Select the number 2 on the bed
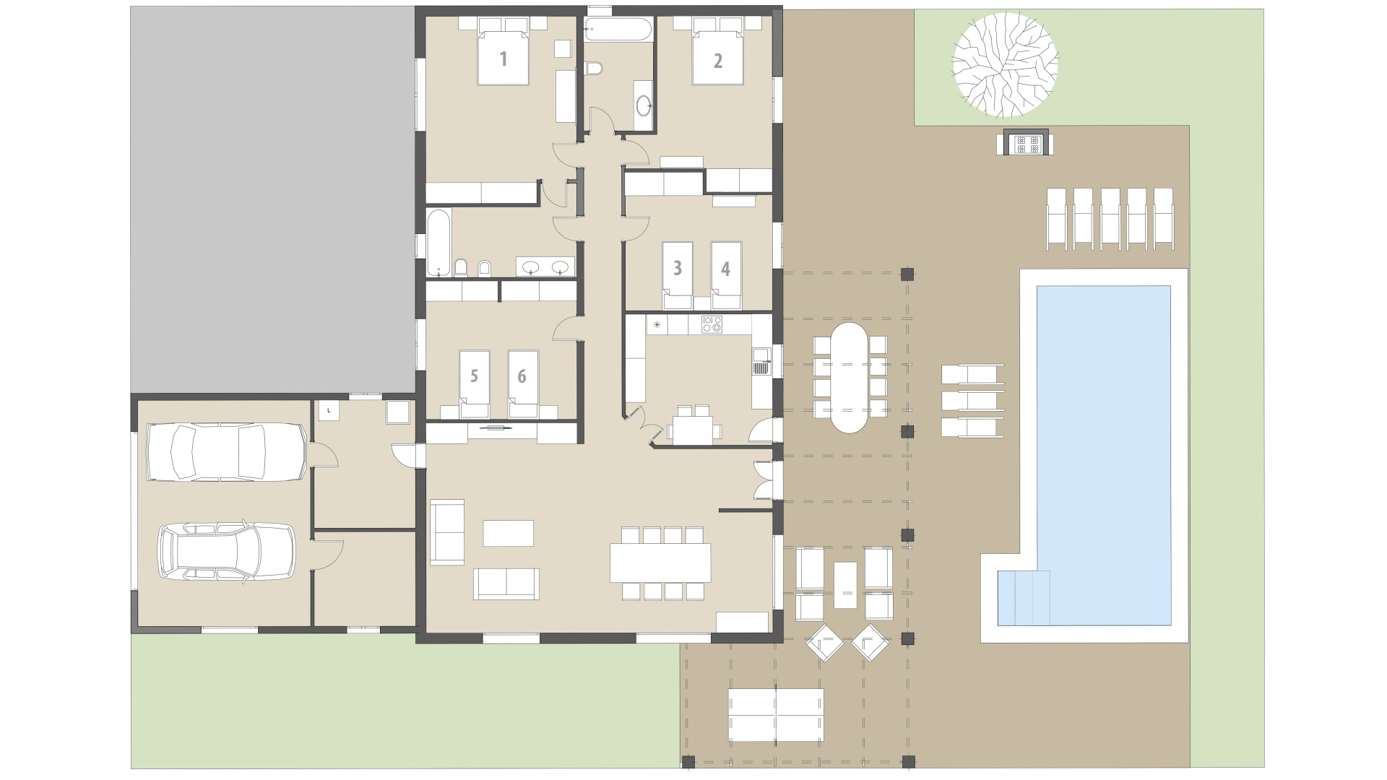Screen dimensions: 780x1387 pyautogui.click(x=717, y=61)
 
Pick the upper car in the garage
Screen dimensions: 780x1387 pyautogui.click(x=226, y=451)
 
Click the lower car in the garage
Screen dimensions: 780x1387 pyautogui.click(x=226, y=551)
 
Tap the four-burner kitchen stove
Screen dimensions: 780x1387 pyautogui.click(x=712, y=324)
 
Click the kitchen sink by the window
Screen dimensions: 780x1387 pyautogui.click(x=761, y=360)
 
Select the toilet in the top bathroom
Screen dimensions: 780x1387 pyautogui.click(x=593, y=69)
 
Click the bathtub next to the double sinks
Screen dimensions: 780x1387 pyautogui.click(x=438, y=242)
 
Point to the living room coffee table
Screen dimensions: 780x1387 pyautogui.click(x=509, y=533)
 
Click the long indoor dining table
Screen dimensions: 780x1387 pyautogui.click(x=660, y=563)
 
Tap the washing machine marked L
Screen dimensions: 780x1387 pyautogui.click(x=329, y=410)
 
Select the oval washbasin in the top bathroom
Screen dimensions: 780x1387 pyautogui.click(x=643, y=106)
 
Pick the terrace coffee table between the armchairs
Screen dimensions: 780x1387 pyautogui.click(x=845, y=585)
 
